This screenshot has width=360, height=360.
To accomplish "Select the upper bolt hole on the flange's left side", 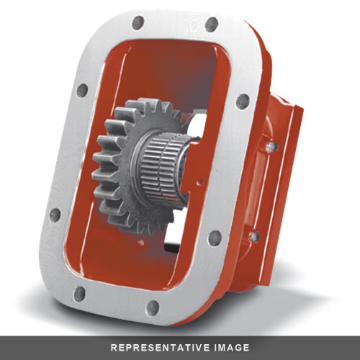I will click(82, 91).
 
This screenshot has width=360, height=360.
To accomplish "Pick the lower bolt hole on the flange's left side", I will click(55, 215).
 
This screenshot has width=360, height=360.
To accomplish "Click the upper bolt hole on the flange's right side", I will click(243, 101).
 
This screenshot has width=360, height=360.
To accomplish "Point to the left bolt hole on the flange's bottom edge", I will click(79, 293).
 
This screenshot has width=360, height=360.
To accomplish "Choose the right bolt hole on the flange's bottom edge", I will click(152, 307).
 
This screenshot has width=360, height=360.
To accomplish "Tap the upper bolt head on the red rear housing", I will click(271, 146).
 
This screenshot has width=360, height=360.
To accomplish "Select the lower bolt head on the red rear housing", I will click(253, 235).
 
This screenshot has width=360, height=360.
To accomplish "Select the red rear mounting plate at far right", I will click(288, 173).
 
